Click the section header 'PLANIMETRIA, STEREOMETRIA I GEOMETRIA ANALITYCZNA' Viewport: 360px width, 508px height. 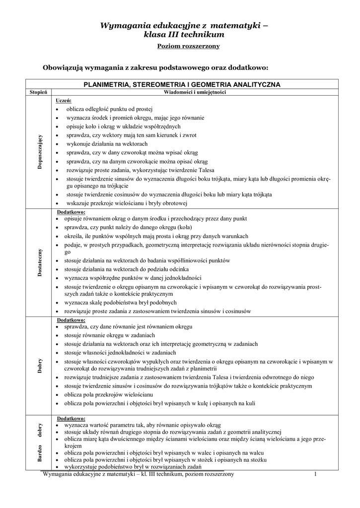pos(182,84)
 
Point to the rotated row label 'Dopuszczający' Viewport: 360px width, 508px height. pos(40,153)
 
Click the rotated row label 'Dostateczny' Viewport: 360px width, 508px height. pos(40,262)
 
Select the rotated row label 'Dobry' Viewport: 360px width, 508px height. pos(40,366)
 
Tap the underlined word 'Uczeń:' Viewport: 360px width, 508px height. pos(64,100)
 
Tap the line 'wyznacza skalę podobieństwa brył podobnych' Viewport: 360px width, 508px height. pos(121,302)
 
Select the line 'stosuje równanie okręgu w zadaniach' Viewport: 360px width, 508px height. pos(110,335)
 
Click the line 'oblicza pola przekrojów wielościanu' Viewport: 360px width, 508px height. pos(108,395)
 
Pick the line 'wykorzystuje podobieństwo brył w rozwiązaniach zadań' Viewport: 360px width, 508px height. pos(132,467)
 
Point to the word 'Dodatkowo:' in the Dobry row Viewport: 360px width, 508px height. pos(72,320)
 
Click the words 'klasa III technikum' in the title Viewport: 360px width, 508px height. pos(184,34)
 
